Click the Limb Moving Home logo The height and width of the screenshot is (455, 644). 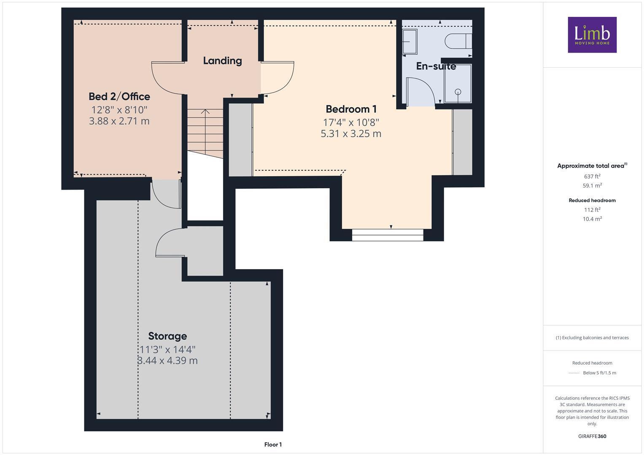(x=592, y=35)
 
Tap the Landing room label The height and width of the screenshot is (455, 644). (x=222, y=61)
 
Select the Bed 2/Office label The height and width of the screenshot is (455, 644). (x=119, y=96)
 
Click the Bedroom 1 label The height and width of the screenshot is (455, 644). (x=351, y=109)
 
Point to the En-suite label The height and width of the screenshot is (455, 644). (x=436, y=66)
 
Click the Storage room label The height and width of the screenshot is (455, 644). (x=167, y=336)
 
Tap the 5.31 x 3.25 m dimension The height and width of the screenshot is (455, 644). (x=351, y=134)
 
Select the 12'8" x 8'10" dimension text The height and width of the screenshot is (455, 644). (x=119, y=110)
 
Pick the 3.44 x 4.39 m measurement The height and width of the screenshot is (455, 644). (x=167, y=361)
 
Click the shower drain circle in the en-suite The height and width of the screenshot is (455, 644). (x=458, y=92)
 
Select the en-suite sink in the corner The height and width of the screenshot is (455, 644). (x=410, y=42)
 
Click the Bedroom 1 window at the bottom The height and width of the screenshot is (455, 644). (x=387, y=235)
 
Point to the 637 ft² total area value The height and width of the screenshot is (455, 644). (x=592, y=177)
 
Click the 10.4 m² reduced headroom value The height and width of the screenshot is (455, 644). (x=592, y=219)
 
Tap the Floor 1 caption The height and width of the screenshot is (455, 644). (x=273, y=444)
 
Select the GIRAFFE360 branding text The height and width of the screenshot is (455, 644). (x=592, y=436)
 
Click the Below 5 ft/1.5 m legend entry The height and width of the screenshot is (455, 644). (x=599, y=373)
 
